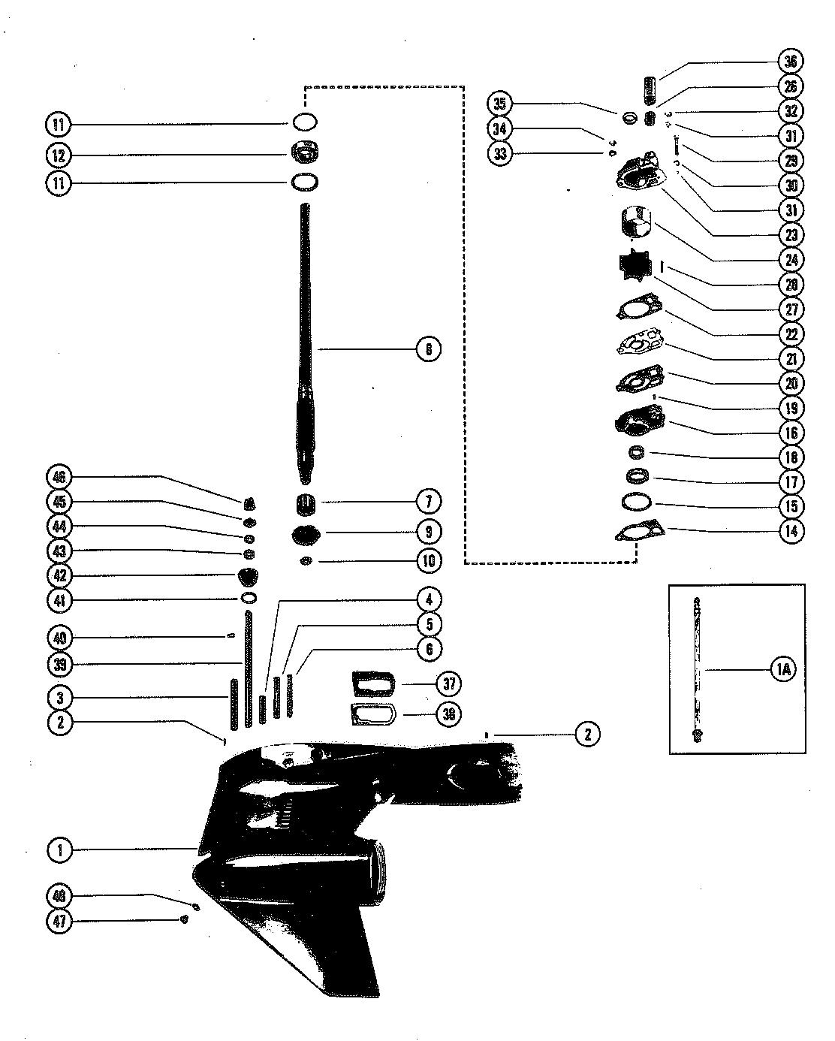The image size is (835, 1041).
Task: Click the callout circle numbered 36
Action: pyautogui.click(x=791, y=62)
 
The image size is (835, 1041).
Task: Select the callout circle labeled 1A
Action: pyautogui.click(x=780, y=670)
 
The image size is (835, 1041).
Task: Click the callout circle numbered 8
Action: pyautogui.click(x=428, y=349)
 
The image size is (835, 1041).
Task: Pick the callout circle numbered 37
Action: pyautogui.click(x=449, y=684)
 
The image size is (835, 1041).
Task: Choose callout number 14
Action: pyautogui.click(x=791, y=531)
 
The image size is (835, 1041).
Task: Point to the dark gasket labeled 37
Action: pyautogui.click(x=372, y=685)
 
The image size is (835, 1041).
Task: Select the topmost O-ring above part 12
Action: pyautogui.click(x=304, y=122)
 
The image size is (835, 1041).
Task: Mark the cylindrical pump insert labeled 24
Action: pyautogui.click(x=635, y=222)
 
